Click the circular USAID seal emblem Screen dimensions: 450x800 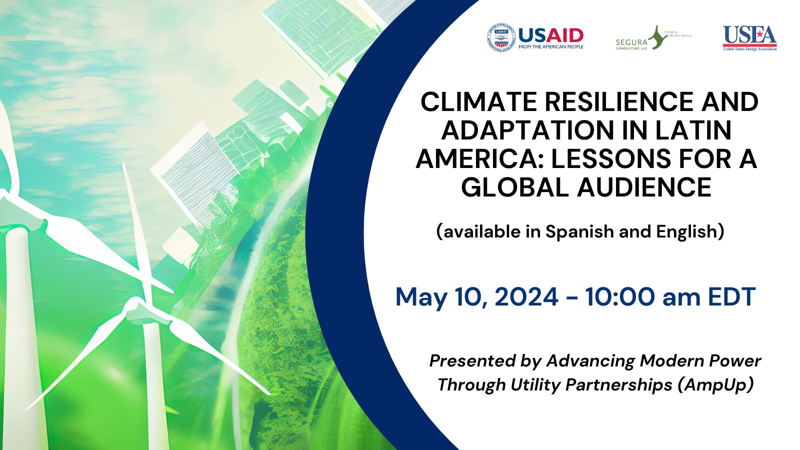tap(501, 38)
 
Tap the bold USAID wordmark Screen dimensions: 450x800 tap(551, 35)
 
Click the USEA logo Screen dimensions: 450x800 tap(749, 38)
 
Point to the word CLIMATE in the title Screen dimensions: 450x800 tap(478, 102)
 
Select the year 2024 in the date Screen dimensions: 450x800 tap(526, 297)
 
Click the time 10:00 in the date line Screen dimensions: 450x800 tap(619, 297)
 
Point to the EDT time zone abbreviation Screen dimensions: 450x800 tap(731, 297)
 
